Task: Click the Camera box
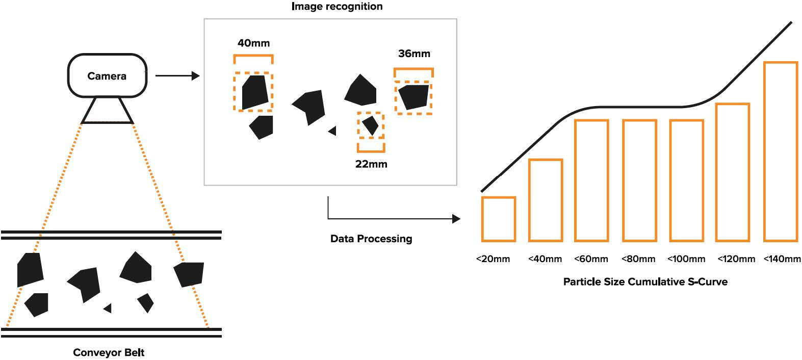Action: [x=107, y=76]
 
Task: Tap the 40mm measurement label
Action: [x=253, y=43]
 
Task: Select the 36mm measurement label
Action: [x=414, y=54]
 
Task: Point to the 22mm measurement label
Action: [x=371, y=164]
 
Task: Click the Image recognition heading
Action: [x=337, y=7]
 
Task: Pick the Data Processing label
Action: [x=371, y=239]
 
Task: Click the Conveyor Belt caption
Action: [x=109, y=352]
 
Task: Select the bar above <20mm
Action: [x=498, y=219]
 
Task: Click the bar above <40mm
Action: [x=545, y=200]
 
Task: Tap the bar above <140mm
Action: [x=780, y=151]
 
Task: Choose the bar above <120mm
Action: [x=732, y=172]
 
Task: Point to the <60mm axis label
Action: [x=591, y=259]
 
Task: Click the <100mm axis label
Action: [x=686, y=259]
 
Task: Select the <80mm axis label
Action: [x=638, y=259]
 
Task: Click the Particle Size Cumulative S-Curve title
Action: [x=645, y=281]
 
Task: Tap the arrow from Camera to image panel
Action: [x=176, y=76]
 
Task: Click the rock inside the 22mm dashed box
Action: [x=371, y=125]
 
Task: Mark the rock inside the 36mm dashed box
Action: [x=413, y=96]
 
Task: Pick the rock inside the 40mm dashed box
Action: [x=255, y=92]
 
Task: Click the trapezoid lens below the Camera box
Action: [x=107, y=111]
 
